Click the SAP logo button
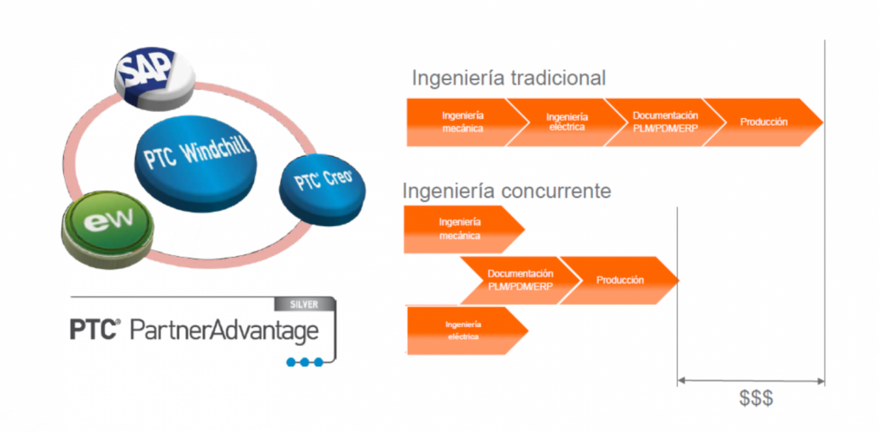(154, 77)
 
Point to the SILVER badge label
(304, 304)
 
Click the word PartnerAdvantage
(224, 330)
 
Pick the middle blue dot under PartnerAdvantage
(305, 362)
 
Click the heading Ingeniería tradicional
(509, 78)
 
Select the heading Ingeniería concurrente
(507, 190)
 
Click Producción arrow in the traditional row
(762, 122)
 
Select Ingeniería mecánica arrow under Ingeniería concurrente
(463, 230)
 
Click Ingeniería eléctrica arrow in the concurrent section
(467, 331)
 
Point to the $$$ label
(755, 399)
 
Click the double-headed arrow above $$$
(751, 382)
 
